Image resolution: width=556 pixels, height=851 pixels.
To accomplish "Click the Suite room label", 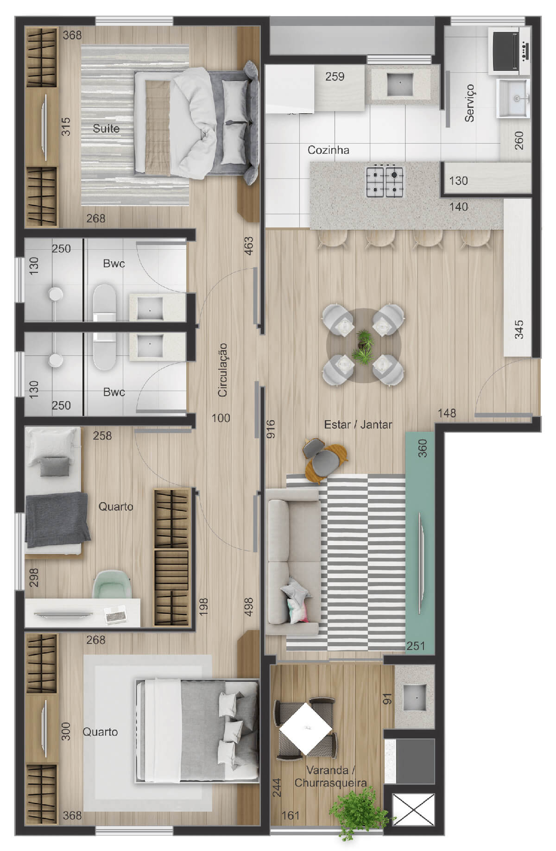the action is pos(106,128).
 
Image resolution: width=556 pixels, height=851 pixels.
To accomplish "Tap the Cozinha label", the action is pos(328,150).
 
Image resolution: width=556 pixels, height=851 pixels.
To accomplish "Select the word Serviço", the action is pos(470,103).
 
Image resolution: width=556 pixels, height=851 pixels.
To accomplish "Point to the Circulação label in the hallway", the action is pos(223,370).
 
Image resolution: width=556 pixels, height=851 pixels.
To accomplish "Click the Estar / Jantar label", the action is pos(358,424).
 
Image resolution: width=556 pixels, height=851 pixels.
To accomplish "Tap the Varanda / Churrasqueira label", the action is pos(330,776).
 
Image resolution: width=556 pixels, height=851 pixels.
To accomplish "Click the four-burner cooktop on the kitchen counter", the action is pos(385,181).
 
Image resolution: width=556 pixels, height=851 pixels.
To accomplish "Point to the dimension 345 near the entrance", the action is pos(519,329).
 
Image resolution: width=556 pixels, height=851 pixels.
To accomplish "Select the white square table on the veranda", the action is pos(306,728).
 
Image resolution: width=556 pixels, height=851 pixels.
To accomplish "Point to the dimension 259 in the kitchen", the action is pos(335,76).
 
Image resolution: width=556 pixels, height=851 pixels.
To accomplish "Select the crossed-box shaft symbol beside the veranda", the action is pos(413,810).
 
